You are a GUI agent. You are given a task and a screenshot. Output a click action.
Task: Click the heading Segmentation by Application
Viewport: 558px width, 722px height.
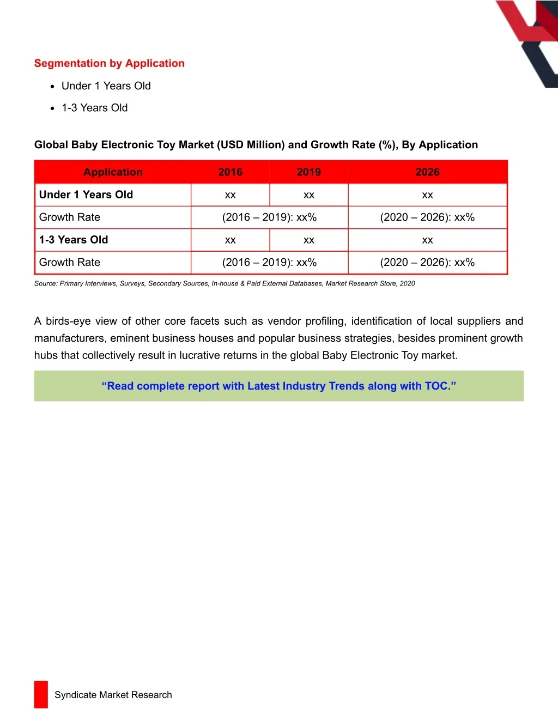point(109,63)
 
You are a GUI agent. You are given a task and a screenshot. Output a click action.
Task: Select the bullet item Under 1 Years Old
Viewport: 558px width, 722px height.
point(106,86)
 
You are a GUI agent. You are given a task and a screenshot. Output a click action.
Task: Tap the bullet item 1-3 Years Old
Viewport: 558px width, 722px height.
point(94,108)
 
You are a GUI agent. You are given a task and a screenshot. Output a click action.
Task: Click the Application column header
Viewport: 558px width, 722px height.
point(113,172)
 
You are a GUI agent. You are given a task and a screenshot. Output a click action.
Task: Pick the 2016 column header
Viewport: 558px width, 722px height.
point(230,172)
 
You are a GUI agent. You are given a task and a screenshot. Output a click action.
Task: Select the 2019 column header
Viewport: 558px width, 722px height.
point(308,172)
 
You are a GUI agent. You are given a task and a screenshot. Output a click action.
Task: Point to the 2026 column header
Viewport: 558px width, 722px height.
point(427,172)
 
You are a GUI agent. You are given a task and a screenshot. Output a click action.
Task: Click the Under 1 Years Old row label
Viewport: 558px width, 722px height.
point(86,195)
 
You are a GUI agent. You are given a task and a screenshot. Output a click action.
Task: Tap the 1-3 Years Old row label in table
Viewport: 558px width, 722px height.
point(74,240)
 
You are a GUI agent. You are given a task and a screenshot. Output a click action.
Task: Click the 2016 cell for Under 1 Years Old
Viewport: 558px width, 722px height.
point(230,195)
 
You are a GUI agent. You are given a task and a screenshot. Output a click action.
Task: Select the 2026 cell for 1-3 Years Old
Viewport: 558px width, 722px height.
point(427,240)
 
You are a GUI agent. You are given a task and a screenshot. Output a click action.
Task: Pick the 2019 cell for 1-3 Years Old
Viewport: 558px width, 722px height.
point(308,240)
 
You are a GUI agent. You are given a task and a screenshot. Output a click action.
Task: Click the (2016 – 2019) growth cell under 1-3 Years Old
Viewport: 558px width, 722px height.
point(269,263)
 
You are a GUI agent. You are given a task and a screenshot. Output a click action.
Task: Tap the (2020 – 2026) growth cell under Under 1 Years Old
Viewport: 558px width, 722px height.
point(427,217)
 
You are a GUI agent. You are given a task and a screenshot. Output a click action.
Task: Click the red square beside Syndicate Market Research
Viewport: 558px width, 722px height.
point(41,695)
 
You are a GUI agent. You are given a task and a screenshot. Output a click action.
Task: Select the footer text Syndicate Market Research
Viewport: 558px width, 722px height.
point(113,695)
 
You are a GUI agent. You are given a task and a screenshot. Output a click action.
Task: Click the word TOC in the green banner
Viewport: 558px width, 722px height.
point(436,386)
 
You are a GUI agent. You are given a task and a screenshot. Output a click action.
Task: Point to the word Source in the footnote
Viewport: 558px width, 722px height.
point(45,283)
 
